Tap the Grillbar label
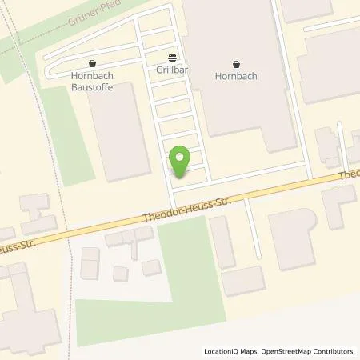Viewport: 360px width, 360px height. [172, 70]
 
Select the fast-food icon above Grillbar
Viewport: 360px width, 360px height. [172, 58]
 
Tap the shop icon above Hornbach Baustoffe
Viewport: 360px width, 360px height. [94, 63]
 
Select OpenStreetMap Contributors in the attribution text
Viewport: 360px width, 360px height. [309, 351]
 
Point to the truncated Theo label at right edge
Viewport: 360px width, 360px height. [350, 174]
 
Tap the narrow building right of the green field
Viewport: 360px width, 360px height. [222, 241]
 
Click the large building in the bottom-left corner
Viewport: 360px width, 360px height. [28, 312]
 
